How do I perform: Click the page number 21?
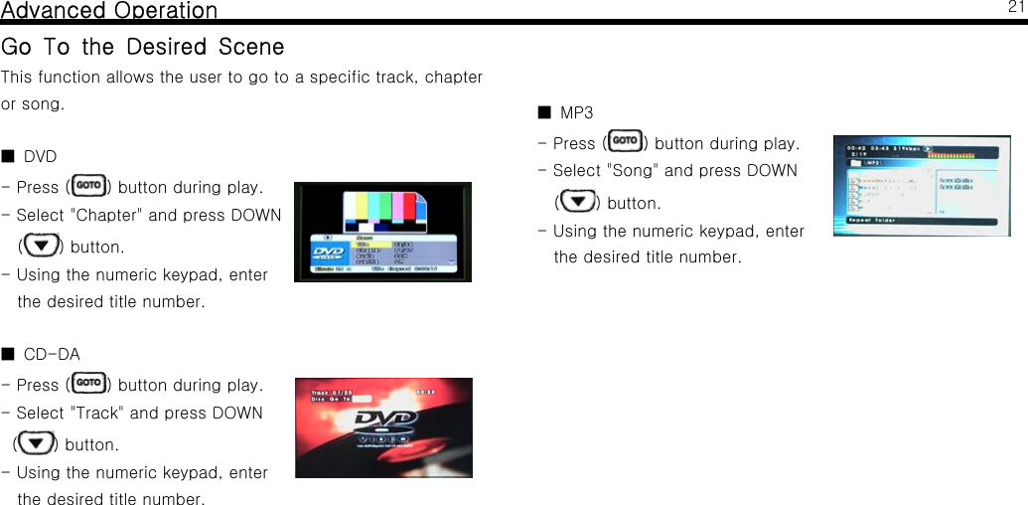(x=1015, y=8)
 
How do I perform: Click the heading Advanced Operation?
(x=109, y=11)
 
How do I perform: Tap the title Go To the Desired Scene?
(x=143, y=47)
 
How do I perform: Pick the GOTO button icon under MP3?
(x=628, y=142)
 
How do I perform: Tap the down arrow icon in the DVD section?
(x=41, y=245)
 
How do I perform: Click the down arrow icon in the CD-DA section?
(x=37, y=442)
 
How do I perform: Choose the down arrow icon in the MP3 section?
(x=577, y=202)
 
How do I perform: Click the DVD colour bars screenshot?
(x=382, y=232)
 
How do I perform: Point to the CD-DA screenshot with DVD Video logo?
(x=383, y=427)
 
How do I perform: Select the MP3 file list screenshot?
(x=921, y=185)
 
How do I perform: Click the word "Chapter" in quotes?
(x=103, y=216)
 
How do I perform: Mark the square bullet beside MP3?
(x=543, y=112)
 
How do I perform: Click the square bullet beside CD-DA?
(x=7, y=354)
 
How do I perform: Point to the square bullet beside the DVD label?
(x=7, y=156)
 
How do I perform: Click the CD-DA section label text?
(x=52, y=354)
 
